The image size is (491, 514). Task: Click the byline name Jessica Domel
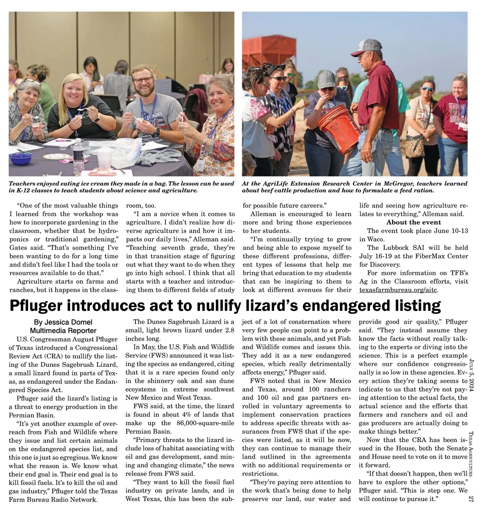pos(72,322)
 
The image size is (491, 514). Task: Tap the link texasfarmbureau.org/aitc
pos(399,290)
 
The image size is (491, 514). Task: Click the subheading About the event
pos(414,222)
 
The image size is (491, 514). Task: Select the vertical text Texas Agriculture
pos(471,454)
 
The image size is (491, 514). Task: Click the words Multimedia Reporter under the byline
pos(63,331)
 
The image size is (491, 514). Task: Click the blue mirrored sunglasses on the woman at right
pos(427,88)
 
